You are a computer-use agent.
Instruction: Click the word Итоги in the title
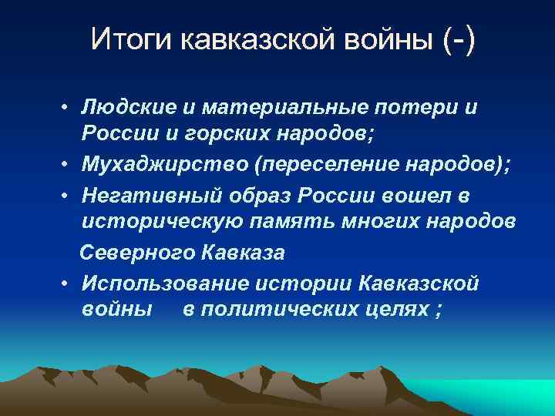click(x=133, y=39)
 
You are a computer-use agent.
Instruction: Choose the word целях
click(x=400, y=309)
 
